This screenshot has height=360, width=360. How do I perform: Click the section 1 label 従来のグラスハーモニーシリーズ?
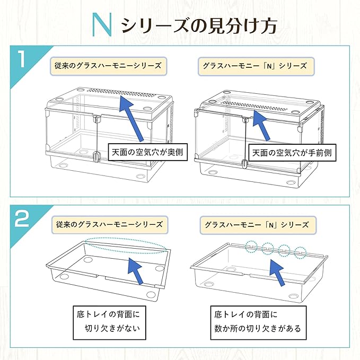click(x=108, y=66)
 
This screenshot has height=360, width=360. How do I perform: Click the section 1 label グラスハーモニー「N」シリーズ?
click(x=254, y=66)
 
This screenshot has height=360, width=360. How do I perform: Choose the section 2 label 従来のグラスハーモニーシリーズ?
click(x=108, y=224)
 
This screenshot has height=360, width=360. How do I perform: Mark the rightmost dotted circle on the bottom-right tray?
click(x=301, y=251)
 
